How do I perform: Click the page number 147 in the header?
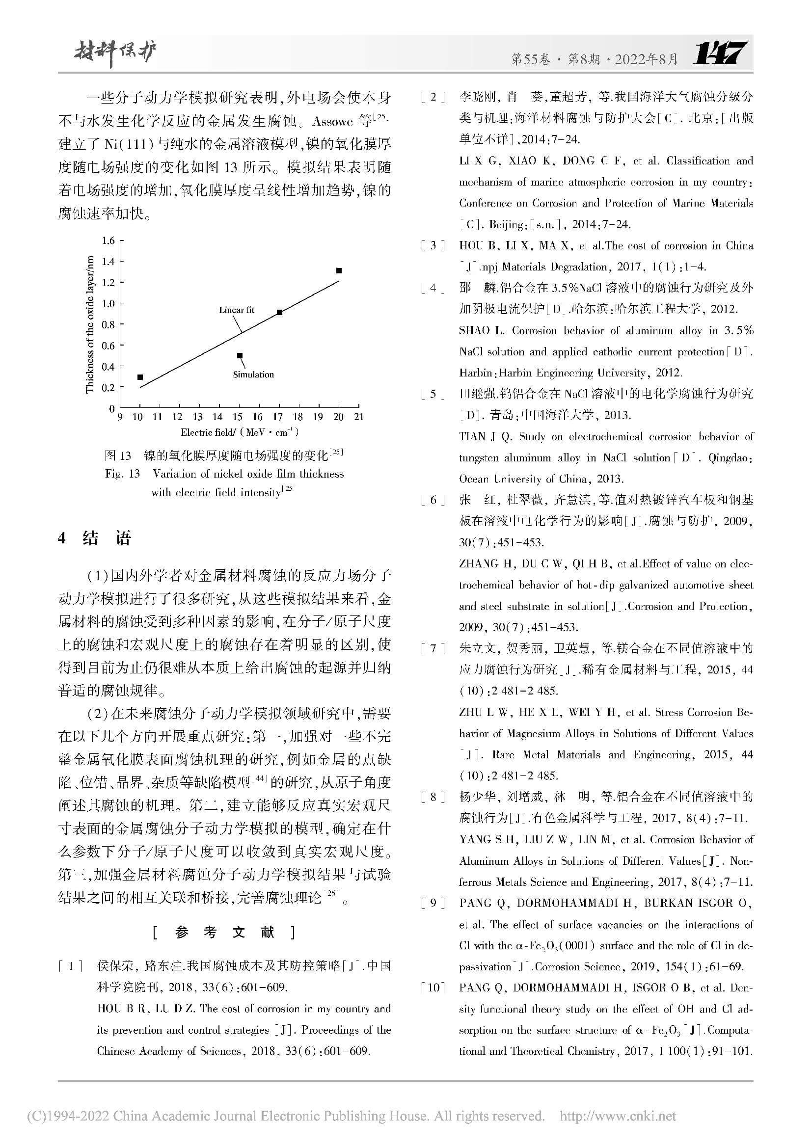pyautogui.click(x=721, y=53)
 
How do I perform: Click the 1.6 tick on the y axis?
pyautogui.click(x=108, y=241)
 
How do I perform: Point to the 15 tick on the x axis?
pyautogui.click(x=238, y=417)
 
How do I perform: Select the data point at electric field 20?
pyautogui.click(x=339, y=271)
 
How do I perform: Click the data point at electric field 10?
pyautogui.click(x=140, y=377)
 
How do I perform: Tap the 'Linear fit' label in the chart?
pyautogui.click(x=237, y=310)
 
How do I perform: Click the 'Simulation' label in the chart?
pyautogui.click(x=253, y=374)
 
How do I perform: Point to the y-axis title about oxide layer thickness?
pyautogui.click(x=89, y=324)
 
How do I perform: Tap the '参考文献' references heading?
pyautogui.click(x=224, y=933)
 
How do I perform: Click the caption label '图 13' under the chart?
pyautogui.click(x=118, y=455)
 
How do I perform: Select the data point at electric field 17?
pyautogui.click(x=279, y=313)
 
